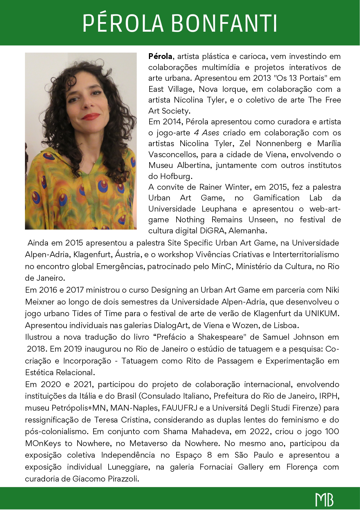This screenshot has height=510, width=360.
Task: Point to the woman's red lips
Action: pos(91,117)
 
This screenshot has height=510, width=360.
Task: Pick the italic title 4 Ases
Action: pos(206,133)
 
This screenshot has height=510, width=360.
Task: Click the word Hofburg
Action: pos(176,176)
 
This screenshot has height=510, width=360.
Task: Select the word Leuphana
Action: pos(219,209)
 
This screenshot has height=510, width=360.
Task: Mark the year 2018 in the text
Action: pos(37,349)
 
